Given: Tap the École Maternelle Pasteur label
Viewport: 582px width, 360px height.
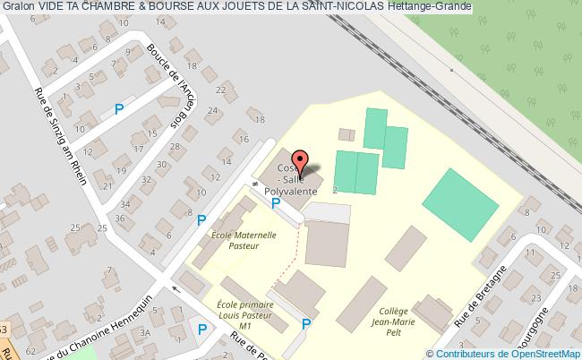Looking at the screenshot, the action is point(242,239).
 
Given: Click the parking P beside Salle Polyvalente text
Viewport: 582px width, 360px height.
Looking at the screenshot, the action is point(276,203).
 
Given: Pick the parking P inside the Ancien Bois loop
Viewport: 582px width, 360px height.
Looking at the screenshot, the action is point(119,110).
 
